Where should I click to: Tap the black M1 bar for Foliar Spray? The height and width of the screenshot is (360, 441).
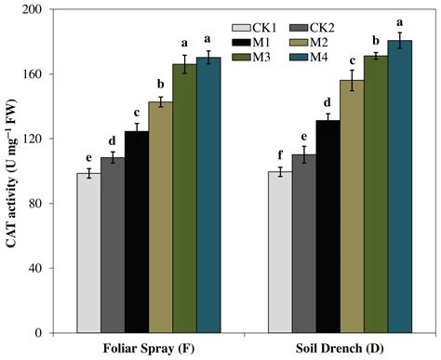point(137,232)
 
